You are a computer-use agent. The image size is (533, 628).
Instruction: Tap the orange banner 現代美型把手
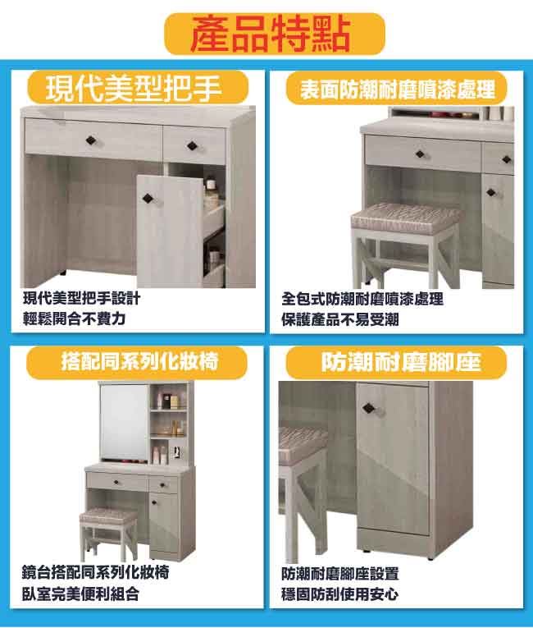pos(138,88)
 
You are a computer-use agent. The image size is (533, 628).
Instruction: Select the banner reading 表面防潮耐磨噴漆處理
pos(397,88)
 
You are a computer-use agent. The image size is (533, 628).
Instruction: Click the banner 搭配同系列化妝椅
pos(137,362)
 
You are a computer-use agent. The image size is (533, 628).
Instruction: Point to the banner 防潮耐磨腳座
pos(397,363)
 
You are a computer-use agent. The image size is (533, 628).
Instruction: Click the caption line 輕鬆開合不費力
pos(75,319)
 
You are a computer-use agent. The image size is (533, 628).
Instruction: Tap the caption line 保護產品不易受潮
pos(340,319)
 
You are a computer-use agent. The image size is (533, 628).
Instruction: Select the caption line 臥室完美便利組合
pos(81,594)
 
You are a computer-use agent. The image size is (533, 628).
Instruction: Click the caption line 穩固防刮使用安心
pos(340,594)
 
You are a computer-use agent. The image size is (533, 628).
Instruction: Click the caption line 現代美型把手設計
pos(82,298)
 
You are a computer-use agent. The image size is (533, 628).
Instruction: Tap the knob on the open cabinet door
pos(148,198)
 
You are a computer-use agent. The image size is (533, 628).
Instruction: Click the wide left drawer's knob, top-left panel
pos(92,140)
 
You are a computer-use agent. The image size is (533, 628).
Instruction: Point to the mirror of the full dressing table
pos(124,422)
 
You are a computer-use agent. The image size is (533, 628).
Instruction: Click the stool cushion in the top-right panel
pos(406,218)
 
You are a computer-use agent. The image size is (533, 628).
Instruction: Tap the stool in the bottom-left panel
pos(108,534)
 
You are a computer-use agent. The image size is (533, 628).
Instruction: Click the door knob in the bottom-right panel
pos(370,409)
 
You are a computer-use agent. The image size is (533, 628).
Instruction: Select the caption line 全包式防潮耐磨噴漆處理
pos(362,299)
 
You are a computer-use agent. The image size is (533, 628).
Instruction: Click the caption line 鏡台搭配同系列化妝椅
pos(95,573)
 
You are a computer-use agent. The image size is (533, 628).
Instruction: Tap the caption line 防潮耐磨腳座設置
pos(340,574)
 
